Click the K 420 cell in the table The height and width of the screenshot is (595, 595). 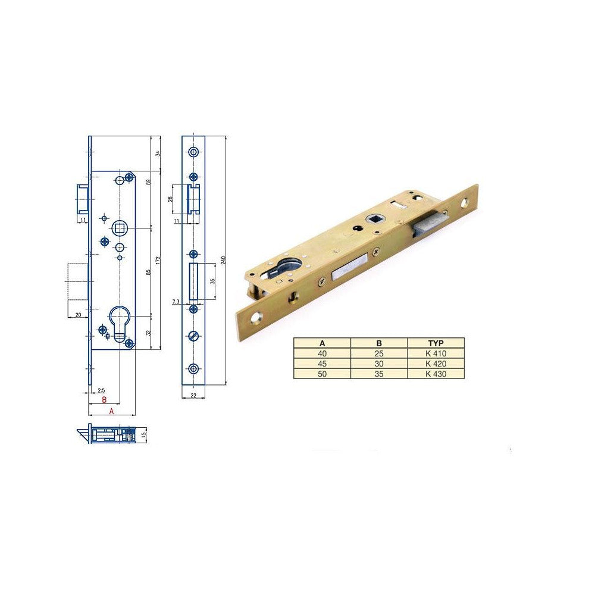[x=436, y=364]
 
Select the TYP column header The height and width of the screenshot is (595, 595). [x=436, y=343]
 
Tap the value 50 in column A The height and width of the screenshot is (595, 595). [x=322, y=374]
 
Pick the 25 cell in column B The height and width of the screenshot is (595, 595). [x=378, y=353]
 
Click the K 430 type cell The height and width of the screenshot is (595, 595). [x=436, y=374]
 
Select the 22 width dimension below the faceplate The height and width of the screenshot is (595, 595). [x=193, y=395]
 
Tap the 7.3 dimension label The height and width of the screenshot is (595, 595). [x=176, y=302]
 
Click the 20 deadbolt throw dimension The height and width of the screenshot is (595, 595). [x=78, y=315]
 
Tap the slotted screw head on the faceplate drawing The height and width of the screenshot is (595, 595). [x=193, y=336]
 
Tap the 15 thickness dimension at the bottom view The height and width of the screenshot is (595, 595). [x=143, y=434]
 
